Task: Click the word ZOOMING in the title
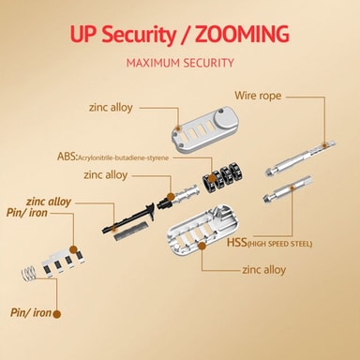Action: coord(242,34)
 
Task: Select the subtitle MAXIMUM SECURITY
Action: coord(180,63)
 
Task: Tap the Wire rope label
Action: coord(258,96)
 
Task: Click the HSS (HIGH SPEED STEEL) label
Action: coord(269,243)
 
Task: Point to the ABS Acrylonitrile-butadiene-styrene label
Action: coord(112,157)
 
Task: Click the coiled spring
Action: coord(29,273)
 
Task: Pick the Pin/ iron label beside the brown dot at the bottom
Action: coord(31,312)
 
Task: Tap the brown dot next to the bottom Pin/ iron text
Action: coord(56,314)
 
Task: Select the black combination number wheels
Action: coord(223,176)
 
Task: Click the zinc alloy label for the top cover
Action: coord(111,108)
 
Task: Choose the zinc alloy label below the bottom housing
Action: coord(264,270)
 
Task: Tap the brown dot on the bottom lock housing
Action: coord(202,246)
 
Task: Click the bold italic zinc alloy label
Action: coord(49,202)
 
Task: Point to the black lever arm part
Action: coord(128,217)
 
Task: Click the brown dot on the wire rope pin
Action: coord(324,144)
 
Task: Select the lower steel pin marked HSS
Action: coord(288,189)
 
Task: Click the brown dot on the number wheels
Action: coord(212,179)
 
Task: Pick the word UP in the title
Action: coord(82,35)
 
